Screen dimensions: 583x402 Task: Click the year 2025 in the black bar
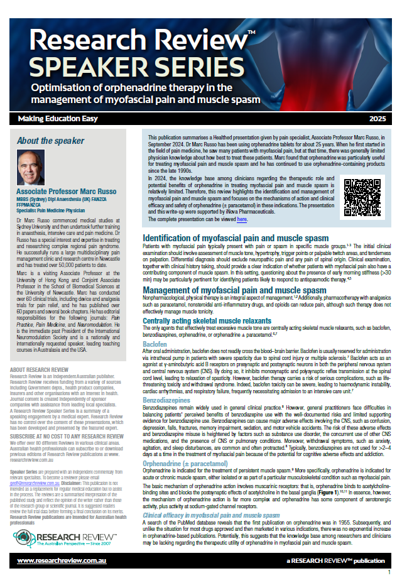tap(378, 118)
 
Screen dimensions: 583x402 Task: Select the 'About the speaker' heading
tap(51, 140)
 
